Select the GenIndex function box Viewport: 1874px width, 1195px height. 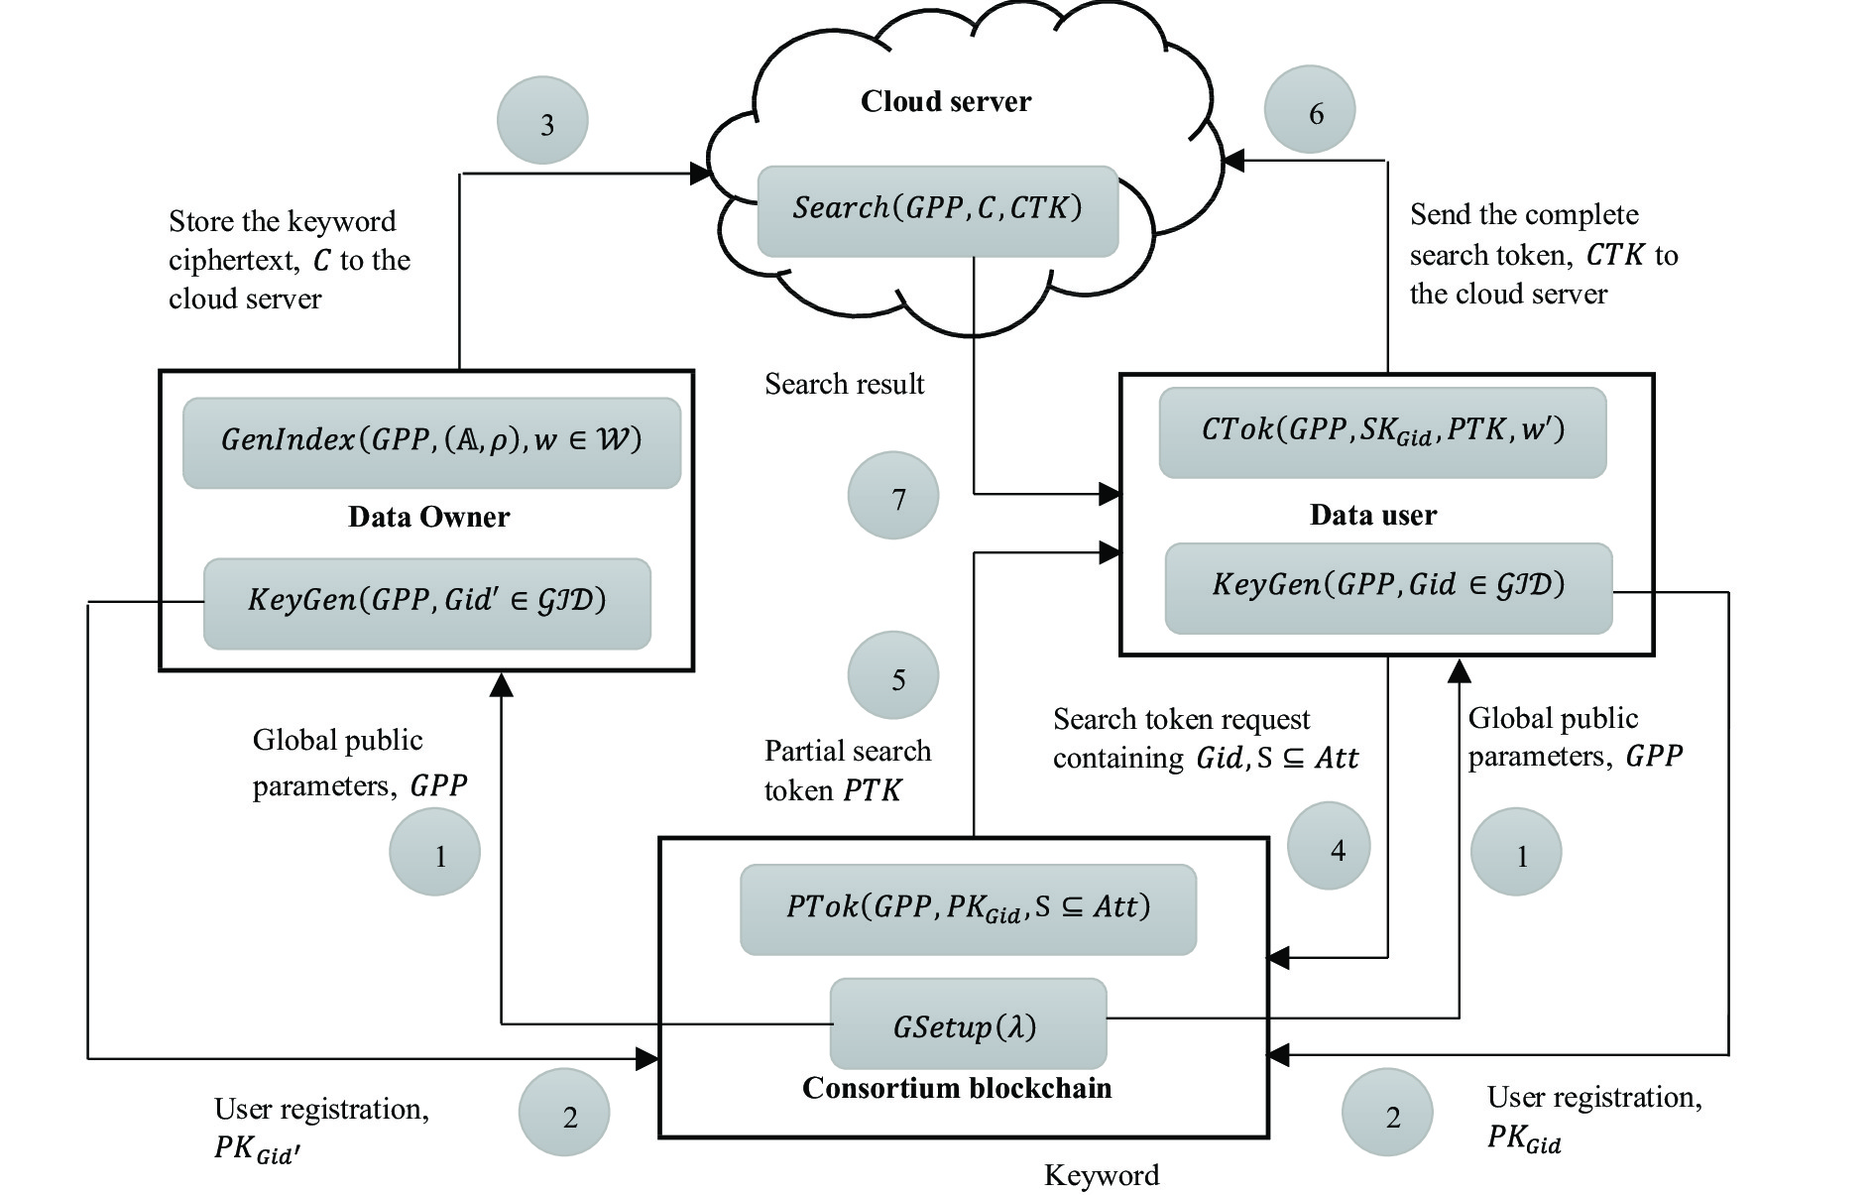pos(431,442)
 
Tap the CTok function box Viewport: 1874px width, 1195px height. pos(1382,432)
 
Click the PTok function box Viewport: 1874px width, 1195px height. pos(968,909)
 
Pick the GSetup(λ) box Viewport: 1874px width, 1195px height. pos(967,1023)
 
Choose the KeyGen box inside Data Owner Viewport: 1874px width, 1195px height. pos(426,603)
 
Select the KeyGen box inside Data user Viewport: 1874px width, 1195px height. pos(1388,587)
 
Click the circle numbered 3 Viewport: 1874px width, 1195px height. pos(542,121)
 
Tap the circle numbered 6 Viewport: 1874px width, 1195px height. pos(1310,110)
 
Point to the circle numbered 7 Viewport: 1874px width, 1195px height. pos(893,496)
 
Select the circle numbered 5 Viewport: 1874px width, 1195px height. pos(893,676)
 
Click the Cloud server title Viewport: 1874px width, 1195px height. pos(945,101)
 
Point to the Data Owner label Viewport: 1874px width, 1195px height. pos(428,517)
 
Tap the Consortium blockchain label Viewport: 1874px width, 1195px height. pos(957,1088)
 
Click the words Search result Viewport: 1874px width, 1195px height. pos(844,384)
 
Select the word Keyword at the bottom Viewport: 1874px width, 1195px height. pos(1101,1175)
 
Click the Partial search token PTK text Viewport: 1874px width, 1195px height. pos(847,771)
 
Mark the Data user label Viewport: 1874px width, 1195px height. pos(1372,515)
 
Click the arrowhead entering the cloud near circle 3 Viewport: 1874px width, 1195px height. pos(702,175)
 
